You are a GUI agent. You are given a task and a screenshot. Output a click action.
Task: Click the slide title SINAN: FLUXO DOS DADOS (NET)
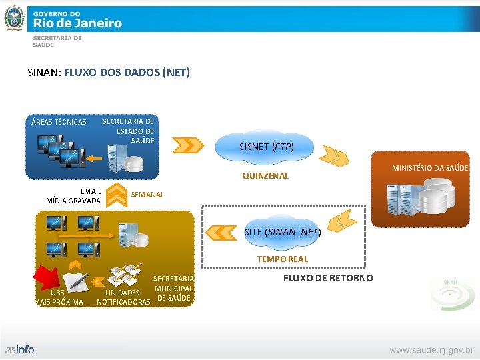(109, 72)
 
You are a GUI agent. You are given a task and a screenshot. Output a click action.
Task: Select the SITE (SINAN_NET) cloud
(282, 232)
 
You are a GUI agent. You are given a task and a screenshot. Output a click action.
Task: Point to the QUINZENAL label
(265, 176)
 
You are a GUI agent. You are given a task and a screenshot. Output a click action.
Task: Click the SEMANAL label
(147, 195)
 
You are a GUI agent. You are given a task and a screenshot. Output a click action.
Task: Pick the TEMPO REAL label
(283, 259)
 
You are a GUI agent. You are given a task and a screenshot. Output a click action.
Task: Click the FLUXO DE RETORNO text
(328, 278)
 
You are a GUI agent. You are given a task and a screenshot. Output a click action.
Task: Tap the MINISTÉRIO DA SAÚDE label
(429, 168)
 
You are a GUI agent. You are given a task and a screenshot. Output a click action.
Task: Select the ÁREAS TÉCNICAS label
(59, 122)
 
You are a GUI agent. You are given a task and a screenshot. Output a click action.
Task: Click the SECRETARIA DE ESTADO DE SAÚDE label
(128, 131)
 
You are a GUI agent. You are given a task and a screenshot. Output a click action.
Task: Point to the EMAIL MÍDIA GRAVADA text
(74, 196)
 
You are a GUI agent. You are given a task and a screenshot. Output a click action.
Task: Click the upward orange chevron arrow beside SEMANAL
(117, 194)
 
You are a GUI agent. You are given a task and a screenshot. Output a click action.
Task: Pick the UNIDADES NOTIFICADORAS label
(123, 297)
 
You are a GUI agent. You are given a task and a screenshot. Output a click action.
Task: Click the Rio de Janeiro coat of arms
(14, 19)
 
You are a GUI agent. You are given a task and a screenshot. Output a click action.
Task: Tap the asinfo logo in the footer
(20, 349)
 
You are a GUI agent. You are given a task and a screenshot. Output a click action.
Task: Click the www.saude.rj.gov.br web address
(431, 349)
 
